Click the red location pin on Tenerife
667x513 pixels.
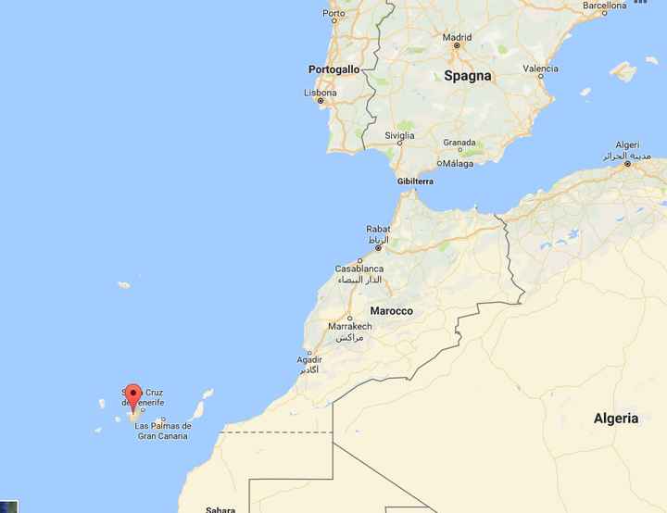click(x=132, y=396)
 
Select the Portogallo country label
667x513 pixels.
click(x=333, y=69)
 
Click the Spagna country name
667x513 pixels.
click(x=468, y=76)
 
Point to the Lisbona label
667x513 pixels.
click(x=321, y=93)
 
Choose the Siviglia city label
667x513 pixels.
click(x=399, y=135)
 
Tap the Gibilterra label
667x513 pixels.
click(x=415, y=181)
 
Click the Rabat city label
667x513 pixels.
click(x=378, y=229)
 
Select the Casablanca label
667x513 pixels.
click(x=359, y=269)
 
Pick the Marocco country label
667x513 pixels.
click(x=391, y=311)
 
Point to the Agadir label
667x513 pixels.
click(x=309, y=359)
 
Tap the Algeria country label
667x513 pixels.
click(x=616, y=419)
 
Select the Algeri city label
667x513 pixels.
click(x=627, y=145)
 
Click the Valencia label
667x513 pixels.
click(x=540, y=69)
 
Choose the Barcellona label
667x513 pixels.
click(x=605, y=5)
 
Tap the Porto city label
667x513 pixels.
click(x=333, y=13)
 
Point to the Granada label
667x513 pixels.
click(x=459, y=143)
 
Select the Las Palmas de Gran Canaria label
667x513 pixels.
click(x=163, y=431)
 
